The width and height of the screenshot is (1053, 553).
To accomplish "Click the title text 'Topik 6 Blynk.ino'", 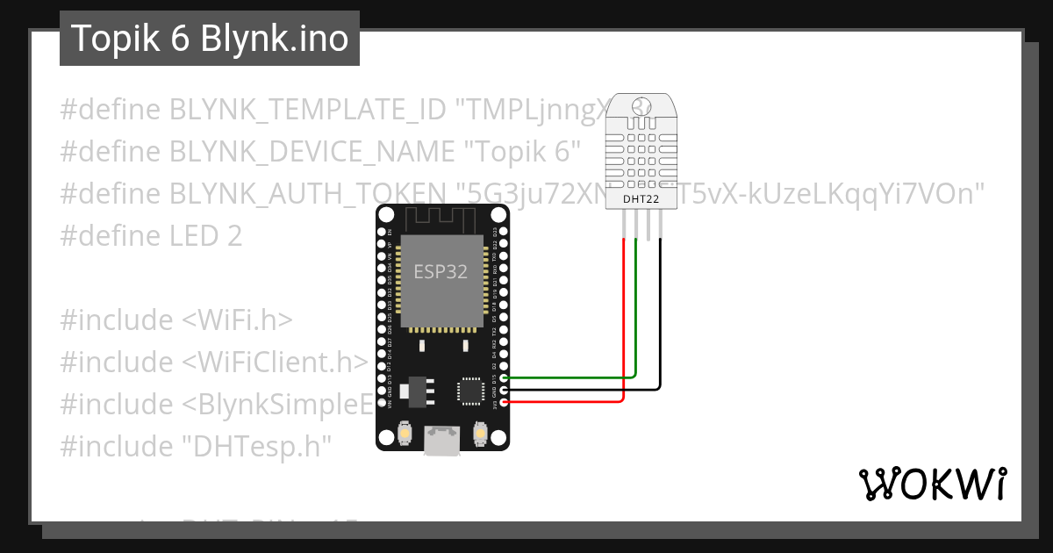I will [209, 39].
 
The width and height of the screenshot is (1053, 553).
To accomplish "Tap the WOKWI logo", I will [932, 483].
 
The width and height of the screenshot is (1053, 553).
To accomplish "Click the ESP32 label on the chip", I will [441, 271].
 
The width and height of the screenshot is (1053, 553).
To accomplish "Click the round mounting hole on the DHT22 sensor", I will [641, 106].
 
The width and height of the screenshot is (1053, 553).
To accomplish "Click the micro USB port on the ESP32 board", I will [442, 441].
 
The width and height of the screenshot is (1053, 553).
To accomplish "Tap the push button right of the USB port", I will [480, 433].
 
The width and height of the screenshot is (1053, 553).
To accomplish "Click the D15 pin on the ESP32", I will [503, 377].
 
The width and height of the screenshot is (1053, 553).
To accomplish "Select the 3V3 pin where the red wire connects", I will [503, 403].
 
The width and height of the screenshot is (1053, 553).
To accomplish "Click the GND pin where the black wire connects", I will [503, 390].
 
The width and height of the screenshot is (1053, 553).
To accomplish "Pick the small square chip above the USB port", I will [469, 391].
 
